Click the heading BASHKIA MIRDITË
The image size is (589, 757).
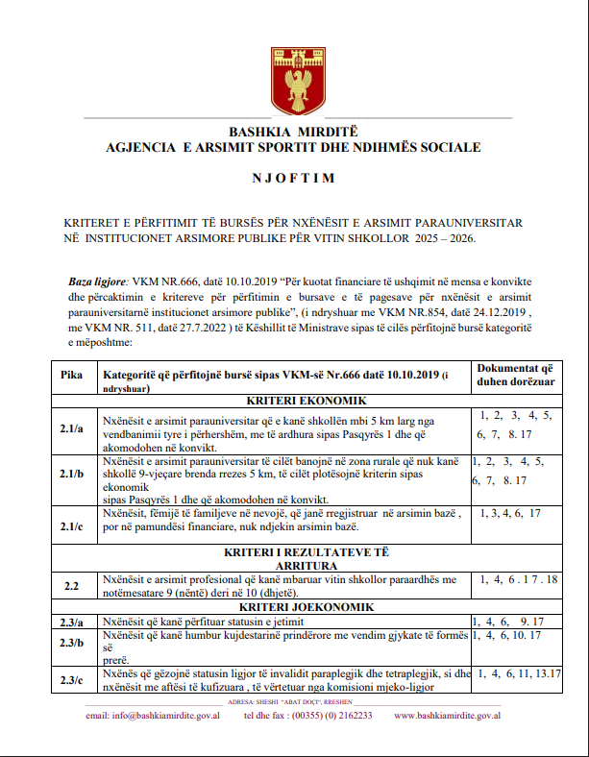(x=293, y=134)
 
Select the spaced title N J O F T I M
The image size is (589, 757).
(x=294, y=178)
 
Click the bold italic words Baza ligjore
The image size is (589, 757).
(x=97, y=281)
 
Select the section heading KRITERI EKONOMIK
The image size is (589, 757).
(x=294, y=401)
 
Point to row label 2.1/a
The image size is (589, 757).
(x=70, y=429)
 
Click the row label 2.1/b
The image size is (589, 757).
(x=70, y=476)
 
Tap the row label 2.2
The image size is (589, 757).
(x=70, y=584)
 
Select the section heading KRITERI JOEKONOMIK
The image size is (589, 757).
(x=294, y=607)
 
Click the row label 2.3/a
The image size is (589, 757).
(x=70, y=622)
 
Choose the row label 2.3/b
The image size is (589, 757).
(x=70, y=643)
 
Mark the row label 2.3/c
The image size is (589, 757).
(x=70, y=680)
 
